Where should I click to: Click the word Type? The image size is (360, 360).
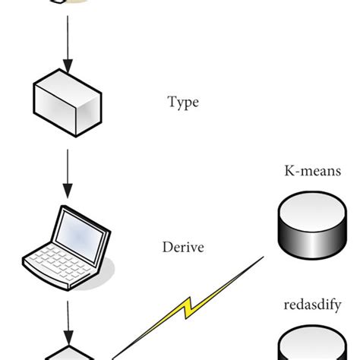pos(182,102)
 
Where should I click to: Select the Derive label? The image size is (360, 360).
pos(183,247)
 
